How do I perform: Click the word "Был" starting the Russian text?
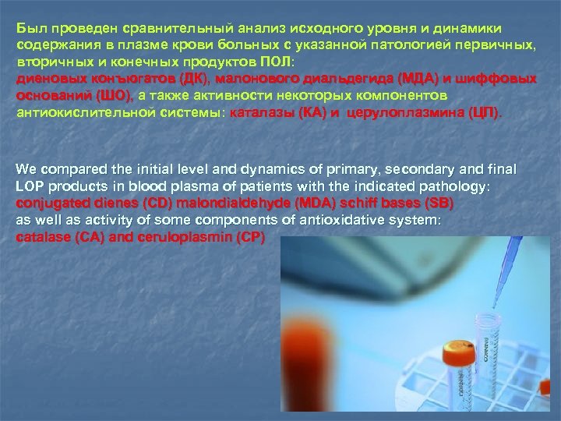point(28,28)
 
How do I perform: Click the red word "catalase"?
point(41,236)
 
